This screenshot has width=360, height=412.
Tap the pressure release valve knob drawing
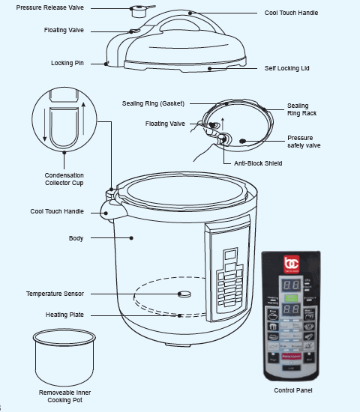[x=138, y=10]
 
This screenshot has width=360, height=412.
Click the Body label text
[x=76, y=238]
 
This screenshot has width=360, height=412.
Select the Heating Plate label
[x=66, y=315]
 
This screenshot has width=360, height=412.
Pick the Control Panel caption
[x=293, y=390]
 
